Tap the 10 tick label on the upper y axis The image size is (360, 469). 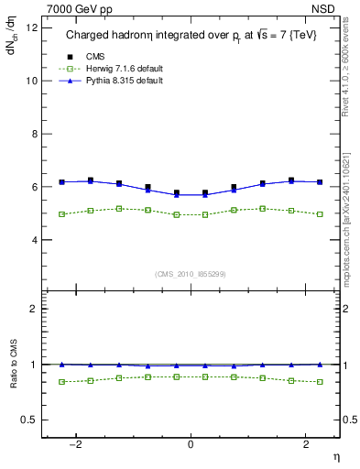coord(32,81)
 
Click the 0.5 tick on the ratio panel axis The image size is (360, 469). coord(30,420)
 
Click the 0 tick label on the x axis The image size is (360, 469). coord(191,443)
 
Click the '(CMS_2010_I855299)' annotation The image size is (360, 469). coord(191,273)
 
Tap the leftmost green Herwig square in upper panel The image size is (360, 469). coord(61,214)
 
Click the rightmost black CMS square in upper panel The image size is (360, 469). coord(320,182)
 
